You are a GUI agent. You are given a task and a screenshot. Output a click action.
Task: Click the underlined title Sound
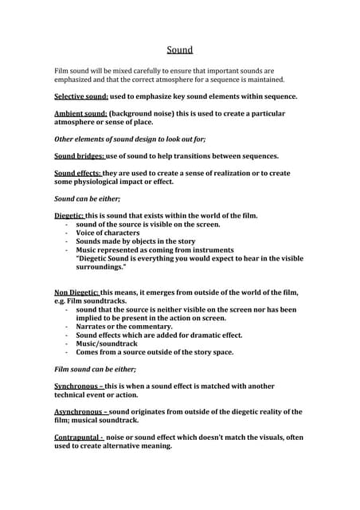click(x=180, y=49)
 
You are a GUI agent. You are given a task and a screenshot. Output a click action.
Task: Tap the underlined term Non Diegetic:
click(x=76, y=292)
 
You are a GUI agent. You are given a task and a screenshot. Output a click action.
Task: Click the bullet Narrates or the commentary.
click(x=124, y=327)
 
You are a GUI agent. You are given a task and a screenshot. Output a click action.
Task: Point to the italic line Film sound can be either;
click(x=95, y=369)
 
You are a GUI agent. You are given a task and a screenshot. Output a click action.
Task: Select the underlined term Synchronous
click(x=80, y=386)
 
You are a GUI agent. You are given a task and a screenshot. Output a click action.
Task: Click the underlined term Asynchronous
click(x=82, y=412)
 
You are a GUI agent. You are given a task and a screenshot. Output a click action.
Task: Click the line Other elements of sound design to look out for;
click(x=129, y=139)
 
